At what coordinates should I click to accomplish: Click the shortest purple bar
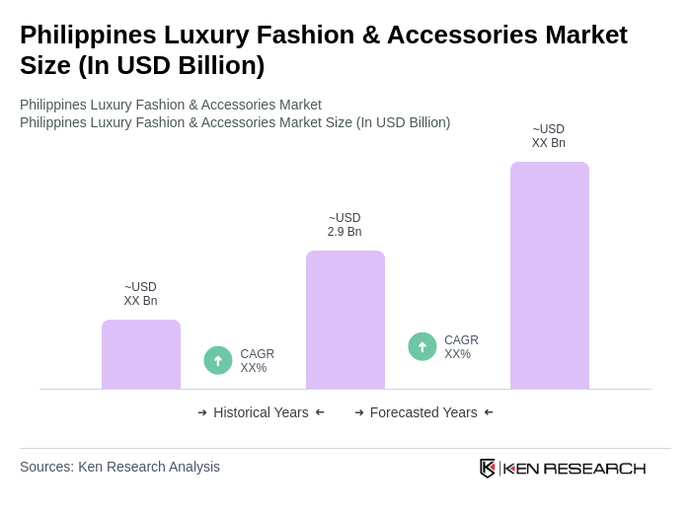[141, 354]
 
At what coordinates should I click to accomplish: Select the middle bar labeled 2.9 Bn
[345, 320]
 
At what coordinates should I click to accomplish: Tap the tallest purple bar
[550, 275]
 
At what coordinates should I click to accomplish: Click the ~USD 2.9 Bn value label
[345, 225]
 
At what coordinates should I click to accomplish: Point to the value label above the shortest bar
[140, 294]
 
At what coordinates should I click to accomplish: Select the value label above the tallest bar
[549, 136]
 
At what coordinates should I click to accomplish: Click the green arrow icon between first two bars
[218, 360]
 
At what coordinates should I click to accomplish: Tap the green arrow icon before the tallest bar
[422, 346]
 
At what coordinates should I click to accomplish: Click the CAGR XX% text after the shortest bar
[257, 361]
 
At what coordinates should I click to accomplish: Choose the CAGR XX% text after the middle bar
[461, 347]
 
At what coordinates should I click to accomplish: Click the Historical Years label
[261, 412]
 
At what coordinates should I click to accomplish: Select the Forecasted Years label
[423, 412]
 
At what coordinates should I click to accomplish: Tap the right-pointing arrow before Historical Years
[202, 412]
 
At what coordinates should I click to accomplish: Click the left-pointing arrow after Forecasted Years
[489, 412]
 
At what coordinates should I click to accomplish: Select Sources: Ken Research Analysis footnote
[119, 467]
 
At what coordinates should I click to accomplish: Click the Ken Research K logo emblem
[488, 468]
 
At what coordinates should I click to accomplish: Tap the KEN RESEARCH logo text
[575, 468]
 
